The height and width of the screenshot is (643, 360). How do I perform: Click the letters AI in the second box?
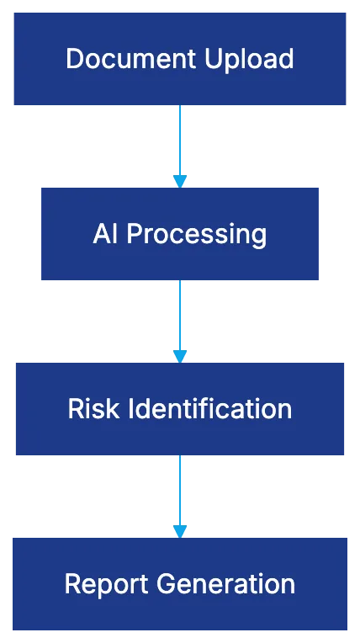tap(104, 233)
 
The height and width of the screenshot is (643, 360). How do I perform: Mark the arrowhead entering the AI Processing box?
tap(178, 180)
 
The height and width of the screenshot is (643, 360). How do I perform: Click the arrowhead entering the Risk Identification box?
tap(178, 355)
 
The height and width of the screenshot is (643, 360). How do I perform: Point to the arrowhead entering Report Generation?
tap(178, 530)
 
